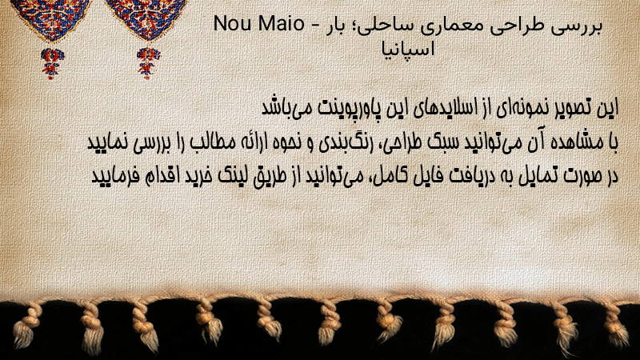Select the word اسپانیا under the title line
coord(408,50)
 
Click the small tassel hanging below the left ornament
coord(51,63)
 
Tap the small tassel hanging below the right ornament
coord(148,62)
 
